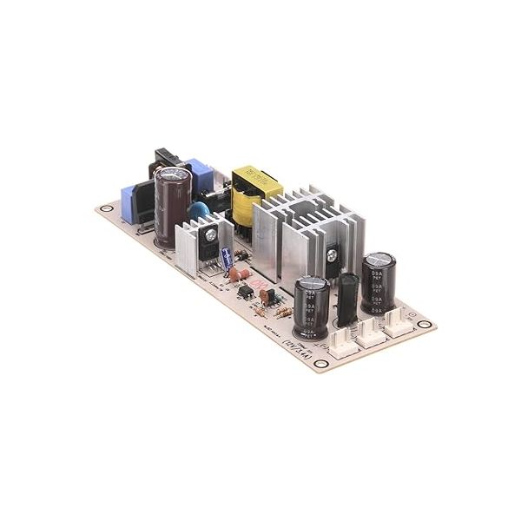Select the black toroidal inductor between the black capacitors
[348, 300]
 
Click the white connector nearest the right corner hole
[398, 321]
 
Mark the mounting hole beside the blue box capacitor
[106, 208]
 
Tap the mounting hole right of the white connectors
[423, 325]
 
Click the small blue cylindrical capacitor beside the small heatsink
[227, 260]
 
